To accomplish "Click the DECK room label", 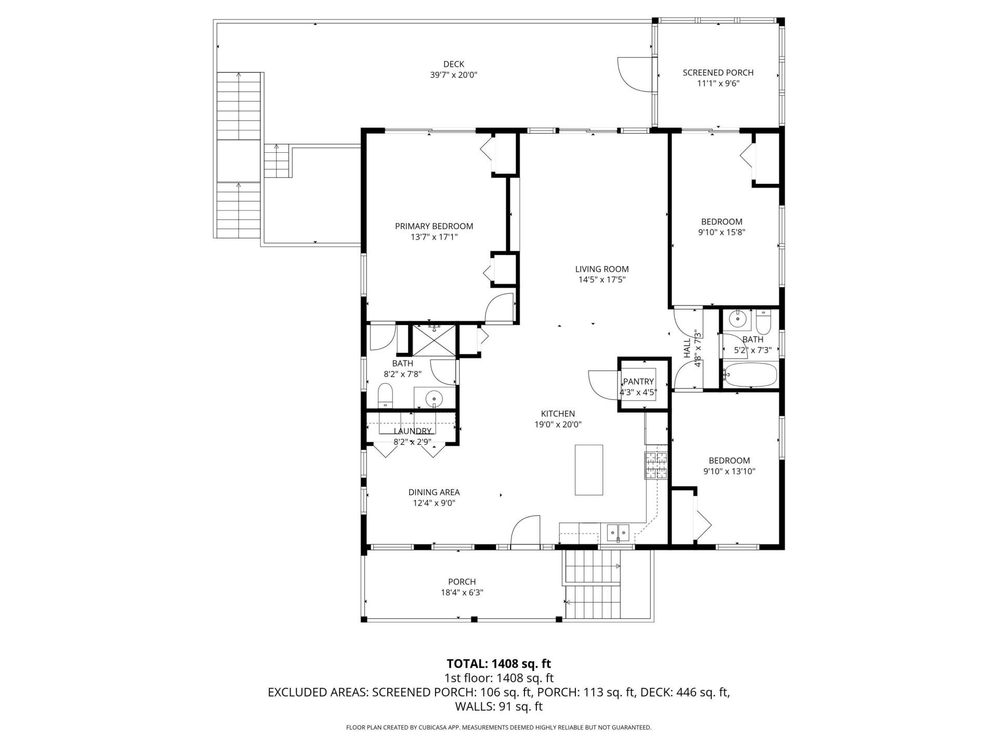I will (x=453, y=64).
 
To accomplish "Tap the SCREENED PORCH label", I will (x=718, y=73).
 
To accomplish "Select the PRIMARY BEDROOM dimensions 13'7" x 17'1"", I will (x=434, y=237).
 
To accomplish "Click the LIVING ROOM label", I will (x=602, y=269).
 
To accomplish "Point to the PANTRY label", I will (x=638, y=381).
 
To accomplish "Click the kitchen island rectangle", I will (x=589, y=470).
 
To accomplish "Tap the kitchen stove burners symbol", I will (x=655, y=465).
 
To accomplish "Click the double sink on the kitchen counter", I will (x=618, y=532).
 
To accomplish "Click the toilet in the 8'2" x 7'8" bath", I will (x=385, y=397).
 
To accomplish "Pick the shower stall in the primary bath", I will (x=434, y=341).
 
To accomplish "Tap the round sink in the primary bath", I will (x=434, y=399).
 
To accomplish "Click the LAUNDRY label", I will (x=412, y=431).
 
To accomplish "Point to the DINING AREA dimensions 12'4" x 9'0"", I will (x=434, y=503).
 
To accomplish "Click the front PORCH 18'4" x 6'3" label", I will (x=462, y=582).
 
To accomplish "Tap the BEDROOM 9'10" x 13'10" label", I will (x=729, y=461).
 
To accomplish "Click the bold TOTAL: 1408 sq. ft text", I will (x=498, y=663).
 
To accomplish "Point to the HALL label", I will (x=687, y=348).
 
